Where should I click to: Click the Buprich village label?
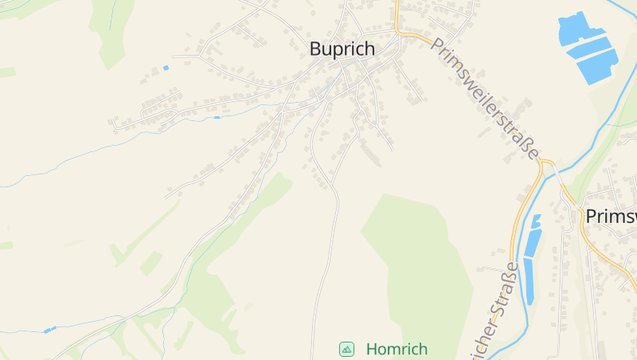point(342,49)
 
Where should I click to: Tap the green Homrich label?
point(397,349)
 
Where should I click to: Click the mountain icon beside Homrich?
point(346,349)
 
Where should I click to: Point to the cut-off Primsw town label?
point(611,217)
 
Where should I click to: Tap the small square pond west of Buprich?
point(166,68)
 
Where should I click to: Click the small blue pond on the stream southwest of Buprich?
point(217,118)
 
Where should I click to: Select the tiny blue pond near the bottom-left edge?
point(49,329)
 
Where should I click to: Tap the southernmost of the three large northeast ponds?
point(599,65)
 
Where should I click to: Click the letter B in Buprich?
point(316,49)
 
